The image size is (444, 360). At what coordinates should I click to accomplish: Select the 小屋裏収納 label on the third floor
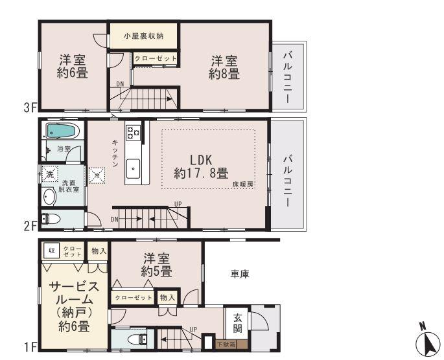click(x=143, y=36)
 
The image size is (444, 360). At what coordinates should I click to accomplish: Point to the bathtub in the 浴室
click(x=62, y=131)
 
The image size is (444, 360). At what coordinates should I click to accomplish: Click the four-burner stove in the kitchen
click(x=134, y=132)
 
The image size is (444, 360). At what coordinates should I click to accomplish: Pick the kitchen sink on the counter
click(x=134, y=168)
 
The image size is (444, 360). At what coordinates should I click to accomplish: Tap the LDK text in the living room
click(x=201, y=160)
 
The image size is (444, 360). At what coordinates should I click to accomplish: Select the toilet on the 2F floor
click(x=51, y=219)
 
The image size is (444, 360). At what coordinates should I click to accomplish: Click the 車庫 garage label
click(x=239, y=275)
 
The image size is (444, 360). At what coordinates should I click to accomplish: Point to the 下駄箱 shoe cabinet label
click(x=226, y=344)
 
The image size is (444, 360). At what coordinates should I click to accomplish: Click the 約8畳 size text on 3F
click(x=224, y=74)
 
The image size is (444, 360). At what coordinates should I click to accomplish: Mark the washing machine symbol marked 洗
click(x=49, y=174)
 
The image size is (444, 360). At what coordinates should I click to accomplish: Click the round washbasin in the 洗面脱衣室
click(x=49, y=197)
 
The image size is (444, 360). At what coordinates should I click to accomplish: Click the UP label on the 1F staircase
click(x=193, y=330)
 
